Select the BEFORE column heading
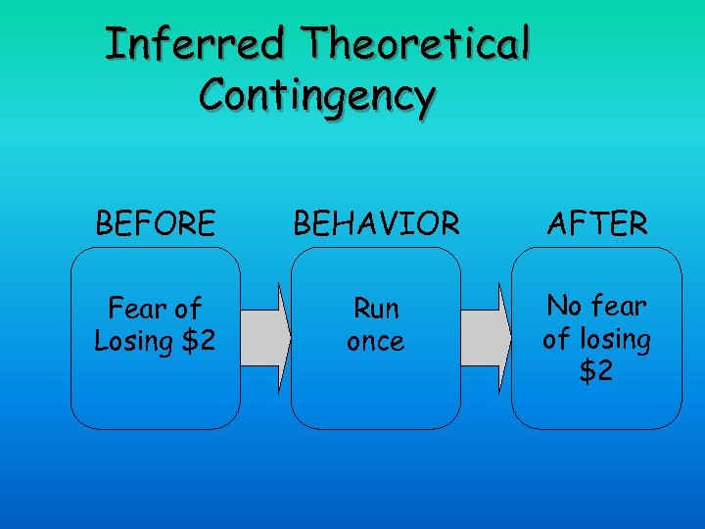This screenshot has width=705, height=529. [x=155, y=224]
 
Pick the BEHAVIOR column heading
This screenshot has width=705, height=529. [x=375, y=224]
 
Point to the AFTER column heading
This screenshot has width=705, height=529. [x=597, y=224]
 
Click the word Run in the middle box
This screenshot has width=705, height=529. [x=376, y=310]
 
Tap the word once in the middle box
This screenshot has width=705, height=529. [x=376, y=342]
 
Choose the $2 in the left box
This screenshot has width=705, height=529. [x=194, y=342]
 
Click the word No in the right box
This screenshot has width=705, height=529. [x=564, y=307]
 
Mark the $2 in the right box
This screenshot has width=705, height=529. [x=596, y=371]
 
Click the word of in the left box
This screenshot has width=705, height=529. [x=186, y=310]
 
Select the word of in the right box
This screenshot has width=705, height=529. [x=555, y=339]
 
